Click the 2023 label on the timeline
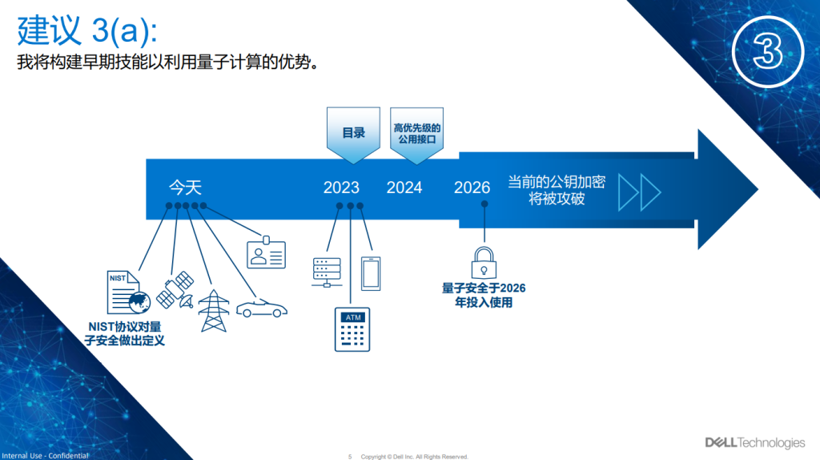point(341,188)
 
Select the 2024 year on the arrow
point(404,188)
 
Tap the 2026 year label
point(472,188)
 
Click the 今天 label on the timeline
point(185,188)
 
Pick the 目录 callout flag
point(353,134)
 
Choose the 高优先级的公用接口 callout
point(416,134)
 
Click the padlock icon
point(484,263)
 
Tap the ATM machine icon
point(352,329)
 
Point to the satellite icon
point(175,289)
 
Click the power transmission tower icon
point(214,311)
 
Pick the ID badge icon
point(266,252)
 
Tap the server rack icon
point(327,272)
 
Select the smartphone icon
point(371,274)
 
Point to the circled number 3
point(768,52)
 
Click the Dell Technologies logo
point(755,442)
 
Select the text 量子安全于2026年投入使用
point(484,295)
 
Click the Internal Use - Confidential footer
point(45,455)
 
